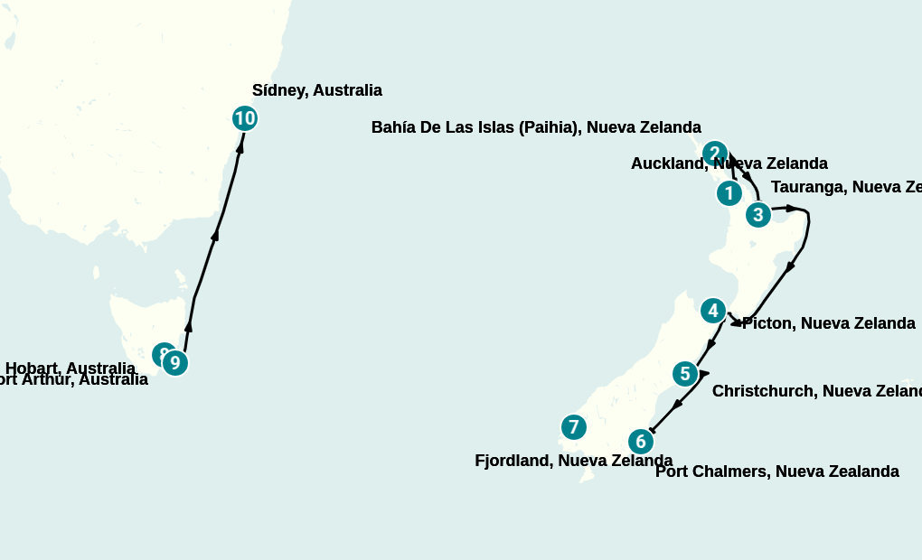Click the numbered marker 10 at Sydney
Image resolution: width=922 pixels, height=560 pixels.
click(244, 118)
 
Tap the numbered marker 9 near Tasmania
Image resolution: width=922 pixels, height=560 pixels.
click(174, 363)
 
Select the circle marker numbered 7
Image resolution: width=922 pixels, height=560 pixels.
click(573, 427)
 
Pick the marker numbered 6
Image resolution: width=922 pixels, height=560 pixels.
click(641, 442)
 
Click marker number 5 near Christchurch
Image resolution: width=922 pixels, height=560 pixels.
click(685, 374)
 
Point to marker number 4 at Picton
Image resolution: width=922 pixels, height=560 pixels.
click(713, 311)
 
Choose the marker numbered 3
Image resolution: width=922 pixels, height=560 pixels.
click(757, 215)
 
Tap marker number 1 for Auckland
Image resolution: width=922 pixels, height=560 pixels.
click(729, 193)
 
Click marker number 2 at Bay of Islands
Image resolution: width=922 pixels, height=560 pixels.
click(714, 153)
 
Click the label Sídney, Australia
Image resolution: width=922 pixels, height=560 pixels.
click(316, 90)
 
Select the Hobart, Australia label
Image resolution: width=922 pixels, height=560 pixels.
click(71, 368)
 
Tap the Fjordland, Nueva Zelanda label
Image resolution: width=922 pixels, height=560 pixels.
click(573, 461)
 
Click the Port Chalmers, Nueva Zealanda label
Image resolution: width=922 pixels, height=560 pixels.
click(776, 471)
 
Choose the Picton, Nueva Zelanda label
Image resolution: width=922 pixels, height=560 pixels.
click(828, 323)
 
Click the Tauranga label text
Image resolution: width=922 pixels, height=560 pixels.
click(845, 187)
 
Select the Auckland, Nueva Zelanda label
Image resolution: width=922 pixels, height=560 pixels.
click(729, 163)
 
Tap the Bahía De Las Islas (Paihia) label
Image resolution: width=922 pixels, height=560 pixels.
click(536, 127)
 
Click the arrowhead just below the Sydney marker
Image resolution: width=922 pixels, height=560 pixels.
click(240, 147)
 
